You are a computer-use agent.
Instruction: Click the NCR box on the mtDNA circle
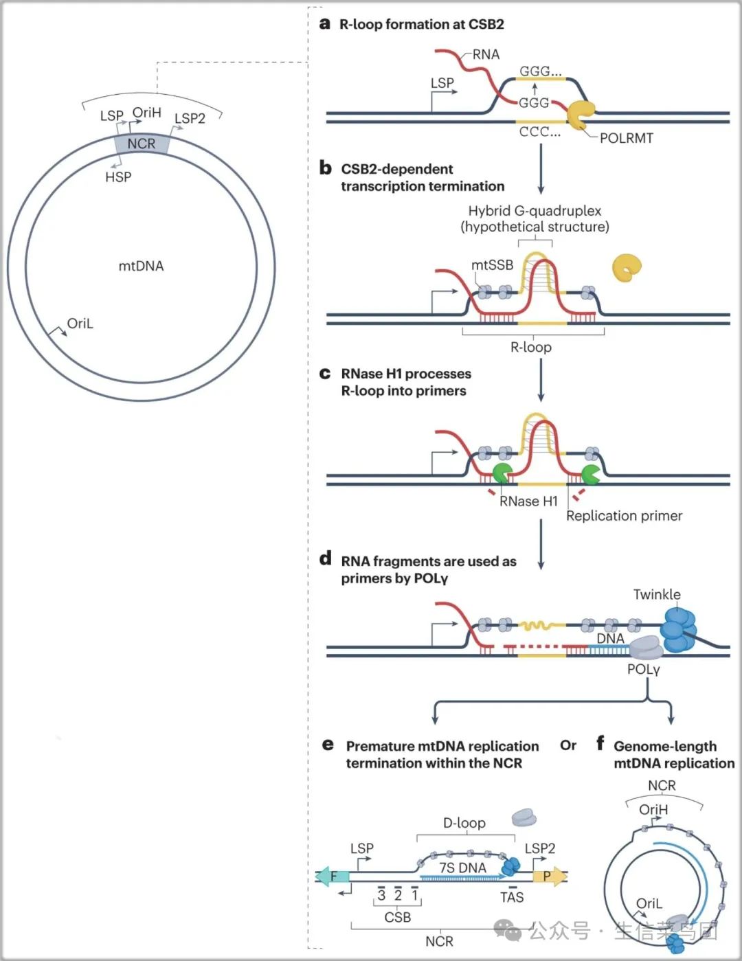coord(142,144)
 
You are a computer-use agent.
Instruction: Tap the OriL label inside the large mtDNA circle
coord(80,324)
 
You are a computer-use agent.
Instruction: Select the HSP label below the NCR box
coord(118,177)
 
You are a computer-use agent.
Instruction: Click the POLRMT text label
coord(626,139)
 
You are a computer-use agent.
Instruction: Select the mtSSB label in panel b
coord(492,265)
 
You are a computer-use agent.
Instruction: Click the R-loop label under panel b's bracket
coord(531,347)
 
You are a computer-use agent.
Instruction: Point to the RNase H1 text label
coord(528,501)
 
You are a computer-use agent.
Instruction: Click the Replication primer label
coord(625,516)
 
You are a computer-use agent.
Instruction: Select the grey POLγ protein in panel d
coord(646,648)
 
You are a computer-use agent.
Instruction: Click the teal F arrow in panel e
coord(333,876)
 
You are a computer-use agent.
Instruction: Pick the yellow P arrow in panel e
coord(550,876)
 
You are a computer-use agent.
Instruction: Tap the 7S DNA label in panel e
coord(462,868)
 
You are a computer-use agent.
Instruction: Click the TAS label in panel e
coord(512,897)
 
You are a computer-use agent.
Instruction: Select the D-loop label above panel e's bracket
coord(464,823)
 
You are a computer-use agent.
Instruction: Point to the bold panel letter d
coord(326,558)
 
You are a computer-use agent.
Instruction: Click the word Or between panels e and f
coord(568,745)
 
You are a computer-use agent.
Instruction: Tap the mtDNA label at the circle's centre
coord(141,267)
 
